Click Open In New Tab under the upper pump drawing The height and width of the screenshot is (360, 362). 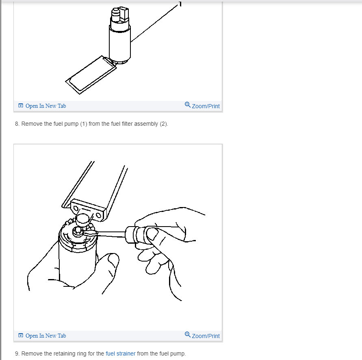point(42,106)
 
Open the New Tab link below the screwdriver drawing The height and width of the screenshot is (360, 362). point(42,336)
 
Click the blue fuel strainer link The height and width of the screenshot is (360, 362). point(120,353)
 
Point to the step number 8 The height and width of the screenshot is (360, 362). point(17,124)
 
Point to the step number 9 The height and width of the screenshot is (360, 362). point(17,353)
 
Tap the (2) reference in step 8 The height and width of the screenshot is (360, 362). point(163,124)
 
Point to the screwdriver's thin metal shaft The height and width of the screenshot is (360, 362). point(112,233)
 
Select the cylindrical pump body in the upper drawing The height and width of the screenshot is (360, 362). point(119,43)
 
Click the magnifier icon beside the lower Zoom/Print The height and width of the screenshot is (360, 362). point(187,334)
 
